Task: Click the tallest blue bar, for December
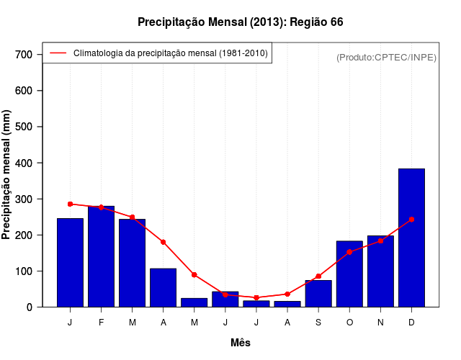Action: click(411, 238)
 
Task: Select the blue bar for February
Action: click(101, 256)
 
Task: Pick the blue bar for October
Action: click(349, 274)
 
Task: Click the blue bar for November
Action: click(380, 271)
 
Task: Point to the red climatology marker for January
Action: click(70, 204)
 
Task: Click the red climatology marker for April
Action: click(163, 242)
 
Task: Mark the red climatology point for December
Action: click(411, 219)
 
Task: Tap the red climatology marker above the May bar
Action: click(194, 275)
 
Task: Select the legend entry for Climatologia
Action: click(170, 53)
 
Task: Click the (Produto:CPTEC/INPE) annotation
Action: click(386, 57)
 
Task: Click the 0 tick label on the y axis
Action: click(30, 307)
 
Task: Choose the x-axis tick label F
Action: click(101, 323)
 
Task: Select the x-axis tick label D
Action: click(411, 323)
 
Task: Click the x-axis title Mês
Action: click(241, 343)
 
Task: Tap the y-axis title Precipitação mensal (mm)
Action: click(7, 174)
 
